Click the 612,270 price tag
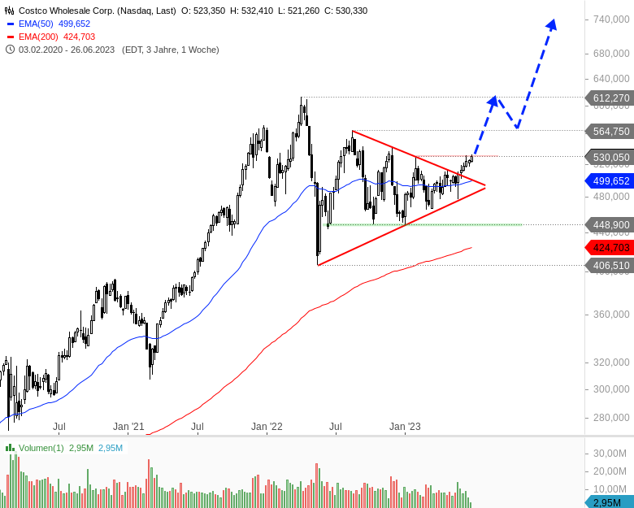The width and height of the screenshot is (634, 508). [x=610, y=98]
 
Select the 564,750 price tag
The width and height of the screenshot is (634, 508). [x=610, y=131]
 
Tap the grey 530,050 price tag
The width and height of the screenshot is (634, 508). [x=610, y=157]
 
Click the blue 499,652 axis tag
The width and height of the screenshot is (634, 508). [x=610, y=180]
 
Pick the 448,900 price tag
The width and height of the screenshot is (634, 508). [x=610, y=224]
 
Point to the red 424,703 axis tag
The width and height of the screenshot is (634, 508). [x=610, y=246]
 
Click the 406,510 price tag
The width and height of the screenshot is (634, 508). [x=610, y=265]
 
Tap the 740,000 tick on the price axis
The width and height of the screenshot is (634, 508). [x=612, y=20]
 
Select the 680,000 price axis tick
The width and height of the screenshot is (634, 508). [x=612, y=54]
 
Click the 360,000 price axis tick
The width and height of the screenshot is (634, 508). [x=612, y=314]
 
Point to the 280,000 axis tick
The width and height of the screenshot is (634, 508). [x=612, y=418]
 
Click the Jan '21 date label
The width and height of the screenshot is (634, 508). [x=128, y=426]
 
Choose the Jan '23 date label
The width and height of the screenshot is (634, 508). [x=405, y=426]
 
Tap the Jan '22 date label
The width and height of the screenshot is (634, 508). [x=267, y=426]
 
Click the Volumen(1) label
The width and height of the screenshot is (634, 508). [x=41, y=448]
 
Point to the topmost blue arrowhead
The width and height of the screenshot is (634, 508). [x=552, y=24]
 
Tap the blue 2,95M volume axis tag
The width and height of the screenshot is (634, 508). [x=610, y=502]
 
